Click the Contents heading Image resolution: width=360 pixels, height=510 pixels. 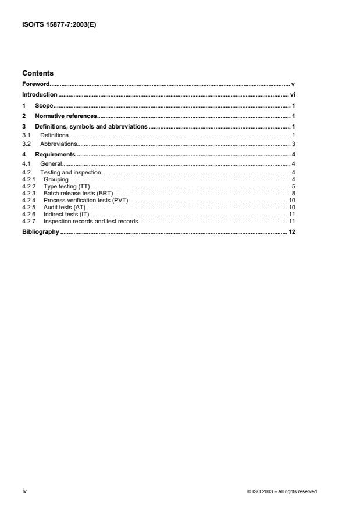pos(38,73)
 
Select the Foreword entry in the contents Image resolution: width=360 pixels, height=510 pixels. pos(35,84)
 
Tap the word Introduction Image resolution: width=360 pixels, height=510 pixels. pos(40,95)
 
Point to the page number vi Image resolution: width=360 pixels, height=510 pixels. pos(293,95)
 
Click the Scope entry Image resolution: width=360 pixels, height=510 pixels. pos(44,106)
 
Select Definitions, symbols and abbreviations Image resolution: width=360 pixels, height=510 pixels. pos(92,127)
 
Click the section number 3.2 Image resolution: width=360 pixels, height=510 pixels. pos(26,144)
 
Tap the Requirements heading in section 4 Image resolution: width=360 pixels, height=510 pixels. pos(56,154)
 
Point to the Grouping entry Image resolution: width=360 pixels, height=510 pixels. pos(56,180)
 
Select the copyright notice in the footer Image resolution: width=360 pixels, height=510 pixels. pos(282,491)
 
